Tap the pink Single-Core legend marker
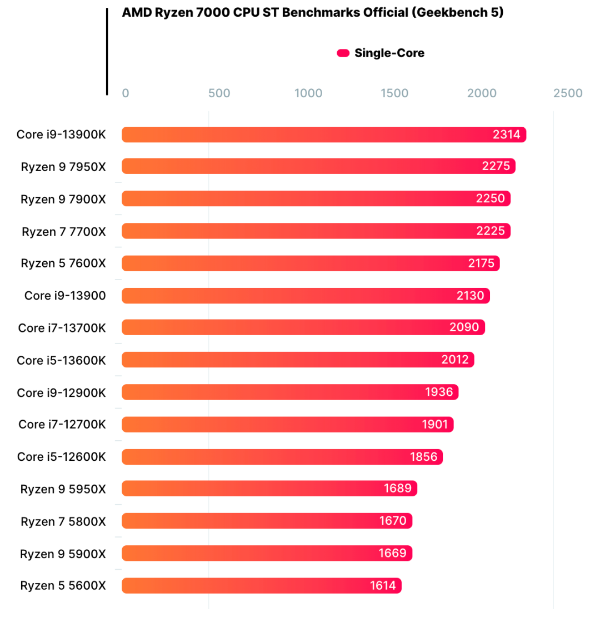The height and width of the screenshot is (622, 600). coord(343,53)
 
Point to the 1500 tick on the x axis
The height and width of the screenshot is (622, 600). coord(394,93)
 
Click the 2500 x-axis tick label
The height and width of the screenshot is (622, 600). coord(568,93)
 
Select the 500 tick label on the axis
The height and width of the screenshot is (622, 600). coord(219,93)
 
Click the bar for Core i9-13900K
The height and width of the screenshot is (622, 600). coord(323,135)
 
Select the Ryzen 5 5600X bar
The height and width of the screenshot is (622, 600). coord(261,585)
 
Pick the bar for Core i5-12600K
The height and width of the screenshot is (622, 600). coord(282,457)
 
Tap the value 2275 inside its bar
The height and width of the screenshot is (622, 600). coord(496,166)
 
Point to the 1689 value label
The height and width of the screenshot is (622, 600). coord(398,489)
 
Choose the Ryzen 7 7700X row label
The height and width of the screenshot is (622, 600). coord(63,231)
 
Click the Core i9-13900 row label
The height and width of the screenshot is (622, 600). coord(65,296)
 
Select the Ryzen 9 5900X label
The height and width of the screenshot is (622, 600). coord(63,554)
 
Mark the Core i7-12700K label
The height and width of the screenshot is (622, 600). coord(62,425)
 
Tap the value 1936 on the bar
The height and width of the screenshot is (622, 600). coord(439,392)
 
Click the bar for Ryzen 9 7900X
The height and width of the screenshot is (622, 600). coord(316,199)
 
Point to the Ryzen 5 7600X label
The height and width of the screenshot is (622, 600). coord(63,263)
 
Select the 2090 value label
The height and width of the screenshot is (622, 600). coord(464,327)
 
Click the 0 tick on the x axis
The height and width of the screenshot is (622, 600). coord(126,93)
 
